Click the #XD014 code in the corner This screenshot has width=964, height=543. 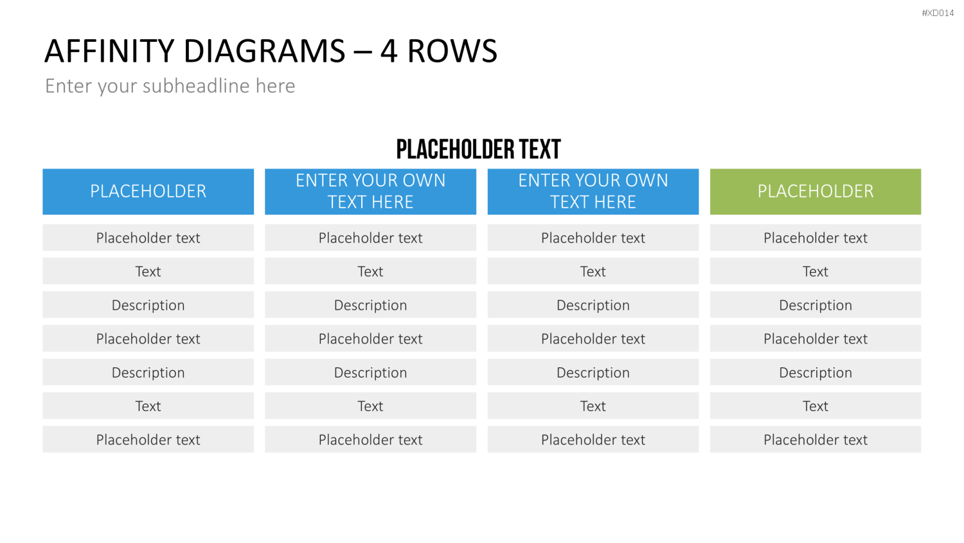point(937,13)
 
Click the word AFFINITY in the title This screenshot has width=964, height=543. point(110,51)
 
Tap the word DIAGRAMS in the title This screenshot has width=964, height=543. point(264,51)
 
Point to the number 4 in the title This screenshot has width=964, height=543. point(388,51)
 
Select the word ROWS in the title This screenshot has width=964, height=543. point(452,51)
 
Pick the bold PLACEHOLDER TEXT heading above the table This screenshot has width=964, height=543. point(479,149)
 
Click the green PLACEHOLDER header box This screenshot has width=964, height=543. point(816,191)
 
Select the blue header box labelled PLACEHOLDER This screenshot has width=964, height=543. point(148,191)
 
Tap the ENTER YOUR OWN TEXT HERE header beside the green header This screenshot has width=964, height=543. point(593,191)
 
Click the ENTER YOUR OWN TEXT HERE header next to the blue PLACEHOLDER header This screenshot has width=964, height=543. point(371,191)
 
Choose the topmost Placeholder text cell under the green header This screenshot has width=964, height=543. point(816,237)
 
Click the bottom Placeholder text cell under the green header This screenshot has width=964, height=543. point(816,439)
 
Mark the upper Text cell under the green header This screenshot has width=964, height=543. point(816,271)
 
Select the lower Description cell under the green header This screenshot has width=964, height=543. point(816,372)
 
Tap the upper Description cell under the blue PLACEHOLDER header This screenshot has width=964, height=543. point(148,305)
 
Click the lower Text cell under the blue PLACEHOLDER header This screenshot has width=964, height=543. point(148,405)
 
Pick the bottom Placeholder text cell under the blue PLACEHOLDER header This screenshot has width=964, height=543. point(148,439)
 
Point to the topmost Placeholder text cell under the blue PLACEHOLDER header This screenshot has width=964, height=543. point(148,237)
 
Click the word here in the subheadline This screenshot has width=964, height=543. point(276,86)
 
